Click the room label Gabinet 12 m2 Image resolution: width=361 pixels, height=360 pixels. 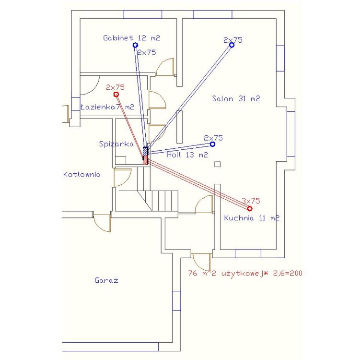point(131,38)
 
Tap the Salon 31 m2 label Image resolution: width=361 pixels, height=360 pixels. point(236,99)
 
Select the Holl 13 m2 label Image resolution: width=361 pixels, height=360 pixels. point(187,155)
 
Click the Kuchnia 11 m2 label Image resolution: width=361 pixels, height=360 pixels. point(252,218)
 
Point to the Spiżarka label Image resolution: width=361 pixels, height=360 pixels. point(116,144)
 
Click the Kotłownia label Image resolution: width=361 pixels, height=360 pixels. point(82,175)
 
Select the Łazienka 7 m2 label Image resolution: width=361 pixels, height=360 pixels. point(107,107)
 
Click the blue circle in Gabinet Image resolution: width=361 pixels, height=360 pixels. point(136,45)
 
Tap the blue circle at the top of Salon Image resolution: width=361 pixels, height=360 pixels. point(232,45)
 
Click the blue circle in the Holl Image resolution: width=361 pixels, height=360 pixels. point(212,144)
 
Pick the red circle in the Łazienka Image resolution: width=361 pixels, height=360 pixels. point(116,94)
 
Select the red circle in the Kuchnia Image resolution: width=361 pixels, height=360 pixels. point(250,209)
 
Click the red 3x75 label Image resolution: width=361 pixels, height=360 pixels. point(251,201)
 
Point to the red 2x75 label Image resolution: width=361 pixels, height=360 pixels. point(115,87)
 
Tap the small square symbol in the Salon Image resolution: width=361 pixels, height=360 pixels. point(217,165)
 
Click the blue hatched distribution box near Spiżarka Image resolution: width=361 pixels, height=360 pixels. point(146,151)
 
